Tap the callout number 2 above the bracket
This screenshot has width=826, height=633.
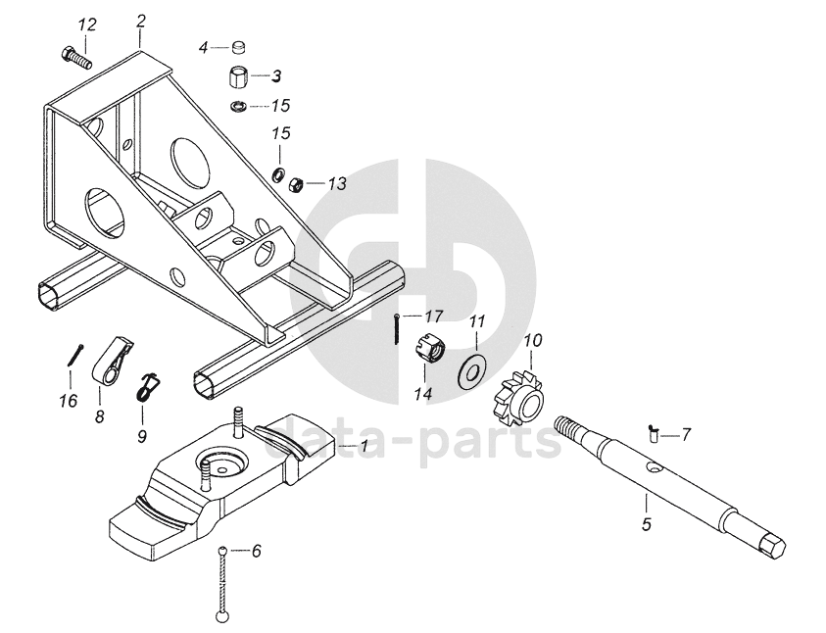coord(141,20)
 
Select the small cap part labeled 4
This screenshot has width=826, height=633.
coord(239,46)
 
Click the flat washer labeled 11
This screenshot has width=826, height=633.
coord(472,369)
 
